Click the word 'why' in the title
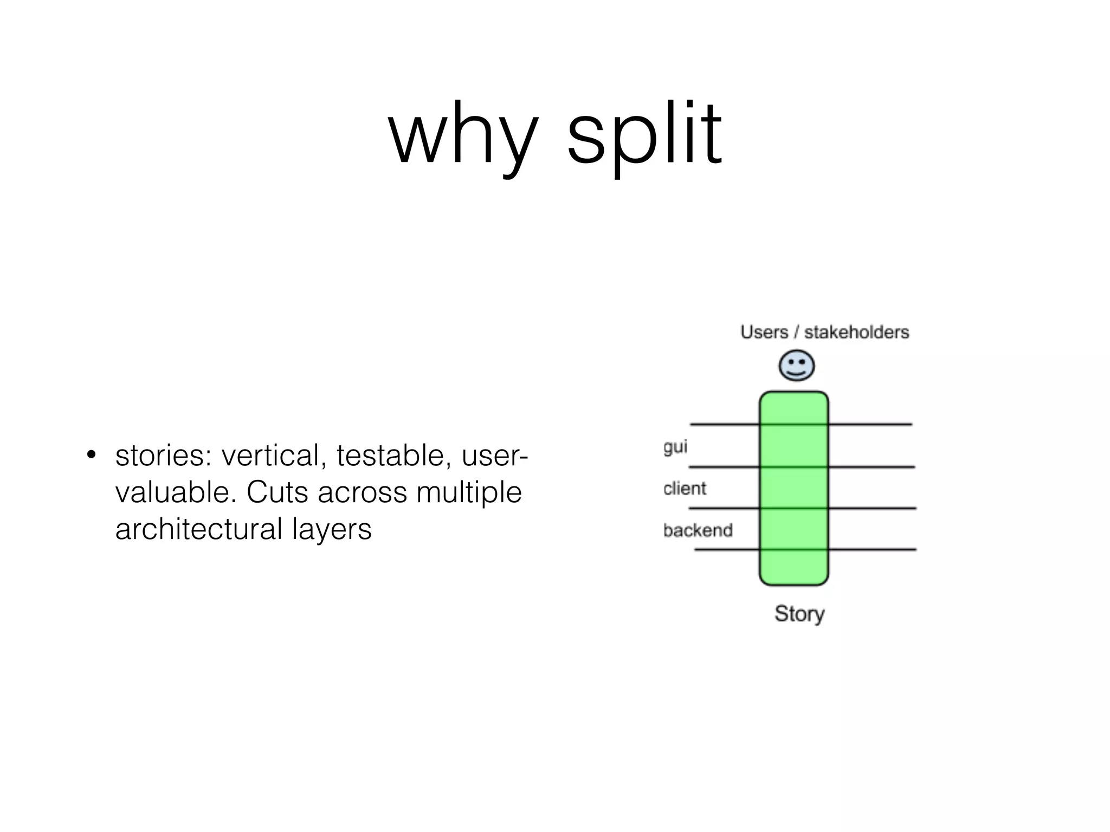pos(463,135)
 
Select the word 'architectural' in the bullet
pos(199,529)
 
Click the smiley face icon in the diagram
pos(796,366)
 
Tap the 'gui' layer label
pos(675,447)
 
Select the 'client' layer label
pos(685,489)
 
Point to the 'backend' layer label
pos(698,530)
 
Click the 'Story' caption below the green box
pos(799,614)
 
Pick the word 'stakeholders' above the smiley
pos(856,332)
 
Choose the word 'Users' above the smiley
pos(764,332)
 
